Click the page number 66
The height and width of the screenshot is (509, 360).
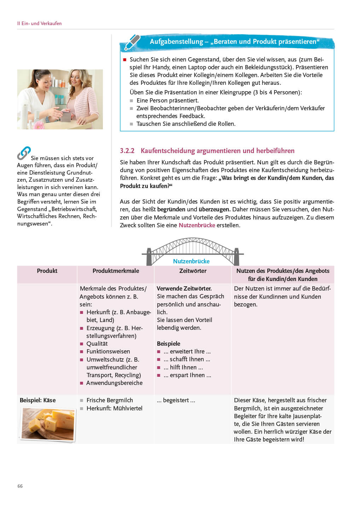coord(20,486)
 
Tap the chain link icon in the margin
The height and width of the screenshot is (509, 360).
coord(24,153)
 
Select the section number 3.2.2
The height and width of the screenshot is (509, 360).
coord(127,151)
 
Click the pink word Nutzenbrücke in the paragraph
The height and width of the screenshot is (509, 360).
coord(197,225)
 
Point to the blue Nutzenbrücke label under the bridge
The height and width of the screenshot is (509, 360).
coord(191,261)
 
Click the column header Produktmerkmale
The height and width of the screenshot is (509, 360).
coord(116,271)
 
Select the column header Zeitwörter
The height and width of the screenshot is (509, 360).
coord(193,271)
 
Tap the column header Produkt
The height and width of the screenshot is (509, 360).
coord(47,271)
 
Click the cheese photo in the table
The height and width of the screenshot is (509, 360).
coord(48,423)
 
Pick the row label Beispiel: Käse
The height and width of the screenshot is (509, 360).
coord(38,400)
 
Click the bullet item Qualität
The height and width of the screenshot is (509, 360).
coord(97,344)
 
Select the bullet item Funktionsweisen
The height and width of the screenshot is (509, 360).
coord(108,351)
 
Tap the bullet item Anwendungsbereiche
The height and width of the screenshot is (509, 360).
coord(115,383)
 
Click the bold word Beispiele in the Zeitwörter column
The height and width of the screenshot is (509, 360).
coord(169,344)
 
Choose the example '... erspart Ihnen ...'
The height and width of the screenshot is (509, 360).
coord(187,375)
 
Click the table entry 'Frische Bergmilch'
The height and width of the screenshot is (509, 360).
coord(110,400)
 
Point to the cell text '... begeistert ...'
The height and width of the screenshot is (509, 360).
coord(176,400)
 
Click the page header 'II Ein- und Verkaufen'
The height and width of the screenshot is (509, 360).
coord(40,23)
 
